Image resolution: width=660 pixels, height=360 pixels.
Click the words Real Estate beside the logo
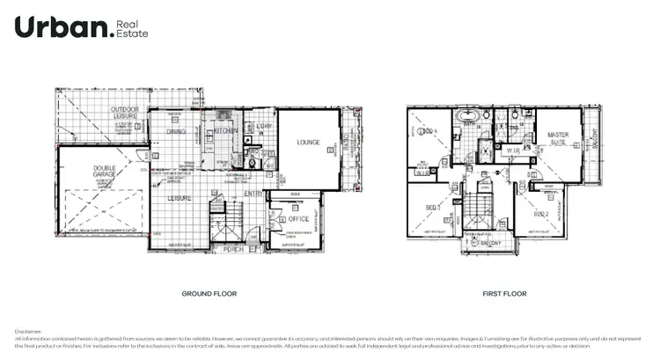(x=134, y=28)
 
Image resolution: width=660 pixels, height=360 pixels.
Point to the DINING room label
(x=176, y=132)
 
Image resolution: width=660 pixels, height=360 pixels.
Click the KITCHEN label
(x=226, y=130)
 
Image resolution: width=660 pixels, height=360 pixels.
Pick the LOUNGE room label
(x=307, y=141)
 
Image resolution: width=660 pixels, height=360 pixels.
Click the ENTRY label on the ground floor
(x=253, y=194)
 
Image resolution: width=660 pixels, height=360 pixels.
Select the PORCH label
(x=234, y=249)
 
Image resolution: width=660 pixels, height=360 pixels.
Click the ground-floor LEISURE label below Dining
(x=181, y=198)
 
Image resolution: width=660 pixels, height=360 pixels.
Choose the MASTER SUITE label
(x=558, y=139)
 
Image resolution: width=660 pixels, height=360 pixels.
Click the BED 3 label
(x=432, y=208)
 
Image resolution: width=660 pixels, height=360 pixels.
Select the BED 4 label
(x=429, y=133)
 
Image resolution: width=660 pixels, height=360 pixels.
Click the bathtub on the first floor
(x=467, y=116)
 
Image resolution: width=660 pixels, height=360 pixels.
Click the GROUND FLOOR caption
(x=209, y=293)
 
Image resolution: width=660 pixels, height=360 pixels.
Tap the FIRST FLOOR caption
(x=504, y=293)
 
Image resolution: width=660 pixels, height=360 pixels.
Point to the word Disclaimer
(x=29, y=331)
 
